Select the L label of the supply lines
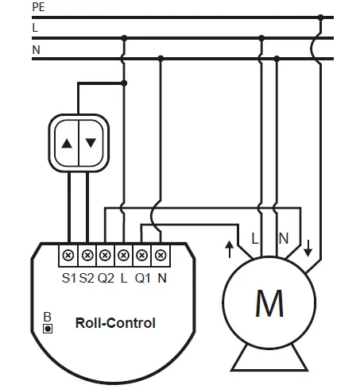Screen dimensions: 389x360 coord(35,27)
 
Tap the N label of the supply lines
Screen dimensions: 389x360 coord(36,48)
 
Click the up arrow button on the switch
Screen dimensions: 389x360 coord(67,144)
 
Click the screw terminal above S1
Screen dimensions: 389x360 coord(69,256)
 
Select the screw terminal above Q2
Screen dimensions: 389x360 coord(106,256)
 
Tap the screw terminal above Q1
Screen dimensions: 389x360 coord(142,256)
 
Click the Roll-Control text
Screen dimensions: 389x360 coord(115,323)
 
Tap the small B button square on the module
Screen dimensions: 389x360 coord(48,328)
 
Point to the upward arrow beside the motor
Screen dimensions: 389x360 coord(230,250)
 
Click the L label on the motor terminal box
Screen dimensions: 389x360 coord(255,237)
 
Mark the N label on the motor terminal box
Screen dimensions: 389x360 coord(283,237)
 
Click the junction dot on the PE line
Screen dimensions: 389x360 coord(319,16)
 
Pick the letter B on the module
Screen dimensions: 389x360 coord(48,316)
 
